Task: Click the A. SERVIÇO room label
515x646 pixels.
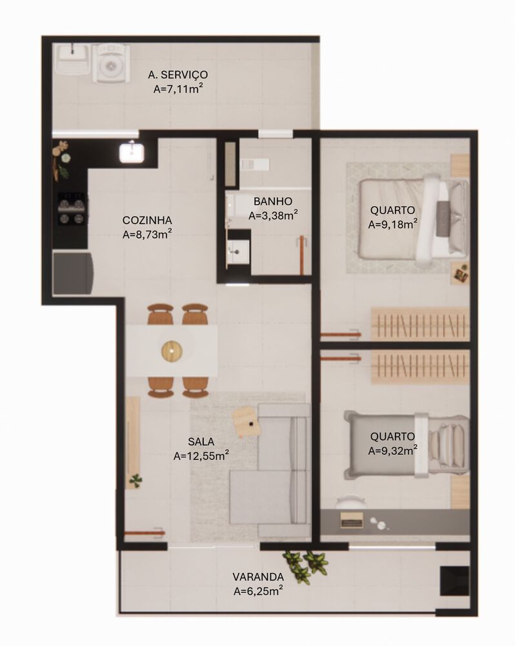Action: [178, 74]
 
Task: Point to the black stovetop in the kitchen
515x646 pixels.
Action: [72, 209]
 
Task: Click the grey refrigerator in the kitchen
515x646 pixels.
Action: [73, 273]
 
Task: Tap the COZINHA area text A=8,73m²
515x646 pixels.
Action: [147, 234]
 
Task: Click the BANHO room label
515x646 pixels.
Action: [273, 201]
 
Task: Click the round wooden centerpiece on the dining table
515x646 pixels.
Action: [172, 351]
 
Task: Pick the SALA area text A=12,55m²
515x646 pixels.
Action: [201, 455]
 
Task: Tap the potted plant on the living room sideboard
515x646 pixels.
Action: [136, 479]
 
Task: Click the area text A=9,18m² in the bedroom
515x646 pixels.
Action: [393, 224]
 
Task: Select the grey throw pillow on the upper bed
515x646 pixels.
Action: [443, 218]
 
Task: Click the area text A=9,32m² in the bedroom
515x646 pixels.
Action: [393, 450]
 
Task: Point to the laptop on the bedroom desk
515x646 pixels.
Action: [352, 520]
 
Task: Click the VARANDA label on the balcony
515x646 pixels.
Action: [258, 576]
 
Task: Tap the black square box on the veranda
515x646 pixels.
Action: [454, 581]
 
